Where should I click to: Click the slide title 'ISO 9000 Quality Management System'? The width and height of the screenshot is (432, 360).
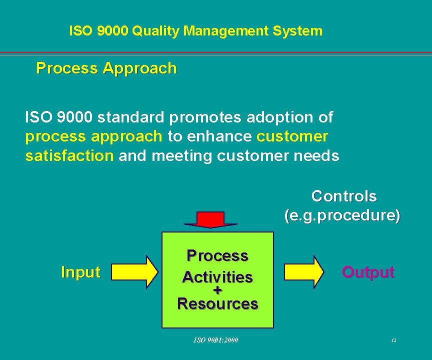195,31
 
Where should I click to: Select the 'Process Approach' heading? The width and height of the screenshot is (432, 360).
106,68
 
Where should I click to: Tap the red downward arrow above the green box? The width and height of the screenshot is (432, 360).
210,219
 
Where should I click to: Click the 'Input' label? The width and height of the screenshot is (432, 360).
80,272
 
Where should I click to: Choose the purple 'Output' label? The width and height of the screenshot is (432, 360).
368,272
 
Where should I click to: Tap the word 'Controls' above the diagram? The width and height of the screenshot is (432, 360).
344,196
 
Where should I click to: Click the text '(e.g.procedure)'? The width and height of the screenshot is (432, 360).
342,215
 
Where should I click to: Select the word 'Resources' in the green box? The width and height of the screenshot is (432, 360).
217,303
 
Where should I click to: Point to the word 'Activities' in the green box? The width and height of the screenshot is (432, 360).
217,276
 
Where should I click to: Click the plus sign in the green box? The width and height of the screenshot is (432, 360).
217,290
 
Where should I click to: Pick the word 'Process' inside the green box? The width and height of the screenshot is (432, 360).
217,256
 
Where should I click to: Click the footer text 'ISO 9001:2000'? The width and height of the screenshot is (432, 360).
216,340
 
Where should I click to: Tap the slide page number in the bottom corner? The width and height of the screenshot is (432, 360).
393,340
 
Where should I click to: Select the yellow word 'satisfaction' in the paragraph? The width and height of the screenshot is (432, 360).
69,156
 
